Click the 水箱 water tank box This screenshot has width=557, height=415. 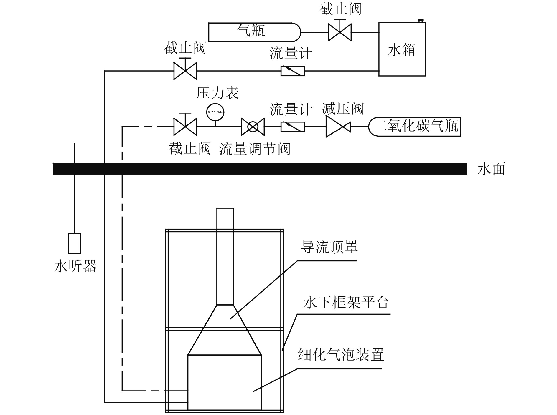pyautogui.click(x=402, y=49)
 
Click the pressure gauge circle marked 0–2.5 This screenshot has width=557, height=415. pyautogui.click(x=215, y=112)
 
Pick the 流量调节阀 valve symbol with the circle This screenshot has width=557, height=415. pyautogui.click(x=253, y=127)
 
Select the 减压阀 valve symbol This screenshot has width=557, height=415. pyautogui.click(x=338, y=127)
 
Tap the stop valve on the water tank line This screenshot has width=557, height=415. pyautogui.click(x=185, y=71)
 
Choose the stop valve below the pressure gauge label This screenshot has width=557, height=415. pyautogui.click(x=185, y=127)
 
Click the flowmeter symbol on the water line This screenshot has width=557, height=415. pyautogui.click(x=292, y=71)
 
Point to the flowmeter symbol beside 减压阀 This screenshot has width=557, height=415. pyautogui.click(x=292, y=127)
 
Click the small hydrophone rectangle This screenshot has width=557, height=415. pyautogui.click(x=75, y=243)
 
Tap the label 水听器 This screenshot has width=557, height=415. pyautogui.click(x=75, y=266)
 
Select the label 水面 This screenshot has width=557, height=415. pyautogui.click(x=491, y=169)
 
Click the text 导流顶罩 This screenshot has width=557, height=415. pyautogui.click(x=329, y=247)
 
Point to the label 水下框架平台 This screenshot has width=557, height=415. pyautogui.click(x=346, y=302)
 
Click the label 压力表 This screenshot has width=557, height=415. pyautogui.click(x=217, y=93)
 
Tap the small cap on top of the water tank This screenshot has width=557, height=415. pyautogui.click(x=421, y=21)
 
